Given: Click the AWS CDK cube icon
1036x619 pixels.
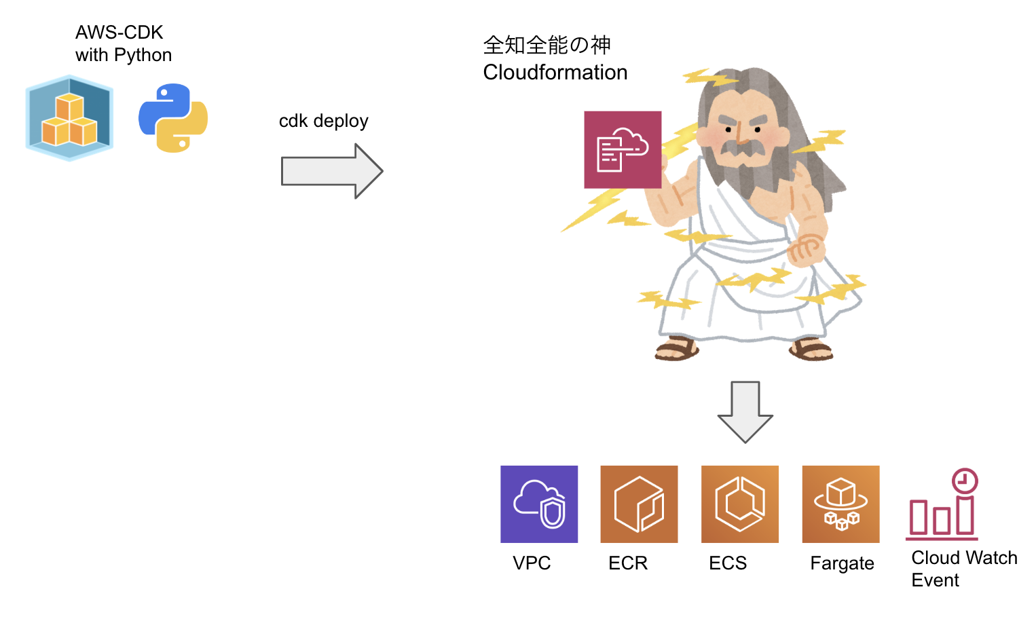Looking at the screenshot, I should click(x=69, y=118).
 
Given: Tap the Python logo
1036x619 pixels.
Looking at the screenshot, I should click(x=173, y=118).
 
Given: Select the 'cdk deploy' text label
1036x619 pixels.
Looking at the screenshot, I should click(x=323, y=121).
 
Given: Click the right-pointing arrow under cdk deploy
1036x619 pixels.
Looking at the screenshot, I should click(x=332, y=171).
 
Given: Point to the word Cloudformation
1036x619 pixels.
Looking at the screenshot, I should click(x=555, y=73).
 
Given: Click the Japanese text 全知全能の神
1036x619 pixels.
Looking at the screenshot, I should click(x=547, y=45).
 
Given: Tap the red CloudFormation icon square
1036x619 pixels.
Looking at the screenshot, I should click(x=623, y=150).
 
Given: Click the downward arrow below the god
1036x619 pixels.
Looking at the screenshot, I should click(x=745, y=411).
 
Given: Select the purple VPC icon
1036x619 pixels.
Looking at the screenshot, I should click(x=539, y=504).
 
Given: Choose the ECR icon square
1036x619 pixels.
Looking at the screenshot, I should click(x=639, y=504).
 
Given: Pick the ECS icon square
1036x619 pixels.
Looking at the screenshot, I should click(x=739, y=504).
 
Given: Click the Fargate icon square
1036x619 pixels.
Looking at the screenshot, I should click(x=840, y=504).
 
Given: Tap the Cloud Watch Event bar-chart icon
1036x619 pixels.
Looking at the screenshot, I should click(x=942, y=506).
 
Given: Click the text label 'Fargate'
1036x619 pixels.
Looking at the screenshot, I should click(x=842, y=563).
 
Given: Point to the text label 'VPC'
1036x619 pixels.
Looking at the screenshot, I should click(x=532, y=563).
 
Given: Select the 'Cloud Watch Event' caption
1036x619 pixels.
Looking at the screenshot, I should click(x=963, y=569).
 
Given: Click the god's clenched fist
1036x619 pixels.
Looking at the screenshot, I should click(x=807, y=248).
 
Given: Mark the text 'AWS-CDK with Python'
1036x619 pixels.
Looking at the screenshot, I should click(x=123, y=43).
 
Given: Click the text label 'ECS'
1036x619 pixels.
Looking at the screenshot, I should click(x=727, y=563).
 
